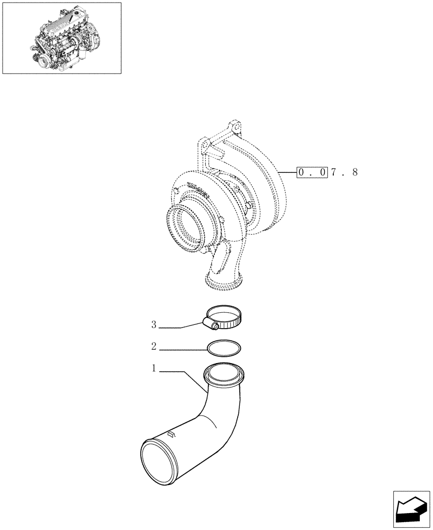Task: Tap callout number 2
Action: point(153,347)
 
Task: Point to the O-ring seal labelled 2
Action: point(224,347)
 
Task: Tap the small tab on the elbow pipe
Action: point(171,435)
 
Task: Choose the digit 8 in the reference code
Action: point(354,172)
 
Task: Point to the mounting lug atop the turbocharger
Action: point(232,129)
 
